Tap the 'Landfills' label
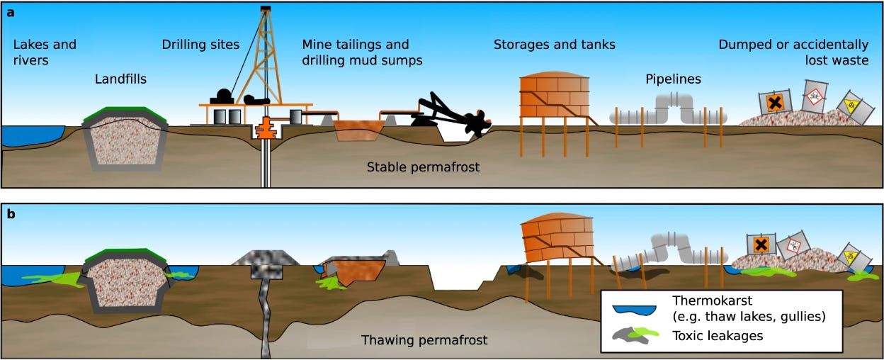click(120, 79)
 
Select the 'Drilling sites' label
click(200, 45)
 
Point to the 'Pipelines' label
click(673, 79)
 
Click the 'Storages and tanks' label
click(555, 45)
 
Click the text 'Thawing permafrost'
click(424, 340)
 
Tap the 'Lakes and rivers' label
click(45, 52)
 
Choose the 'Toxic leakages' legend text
click(719, 335)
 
